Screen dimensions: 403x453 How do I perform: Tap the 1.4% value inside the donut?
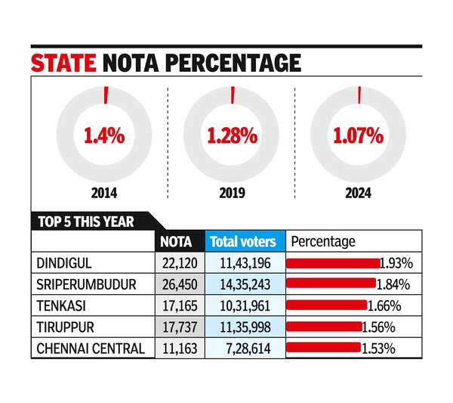point(103,136)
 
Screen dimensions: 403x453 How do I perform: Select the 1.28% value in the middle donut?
point(232,136)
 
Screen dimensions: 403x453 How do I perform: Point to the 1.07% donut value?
point(359,136)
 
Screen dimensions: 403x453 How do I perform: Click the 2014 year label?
point(104,192)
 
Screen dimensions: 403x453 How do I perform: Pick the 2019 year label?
point(232,192)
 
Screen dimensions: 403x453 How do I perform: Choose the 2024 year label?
point(359,192)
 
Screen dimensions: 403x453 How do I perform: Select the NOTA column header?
point(178,242)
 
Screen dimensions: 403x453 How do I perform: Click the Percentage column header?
point(323,242)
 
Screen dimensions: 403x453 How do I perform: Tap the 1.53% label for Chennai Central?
point(381,349)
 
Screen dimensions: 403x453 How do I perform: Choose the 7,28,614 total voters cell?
point(246,349)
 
